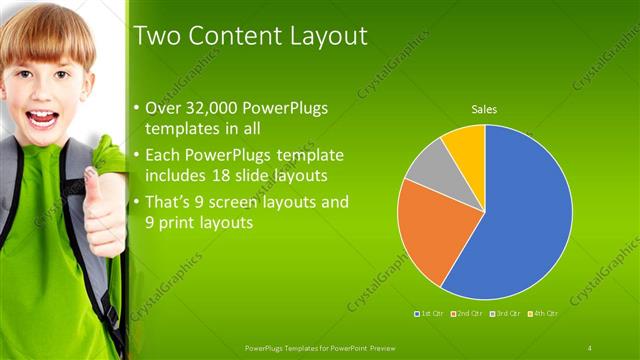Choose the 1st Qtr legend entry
432,314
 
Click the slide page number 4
589,347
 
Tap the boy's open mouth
40,118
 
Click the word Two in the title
156,38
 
